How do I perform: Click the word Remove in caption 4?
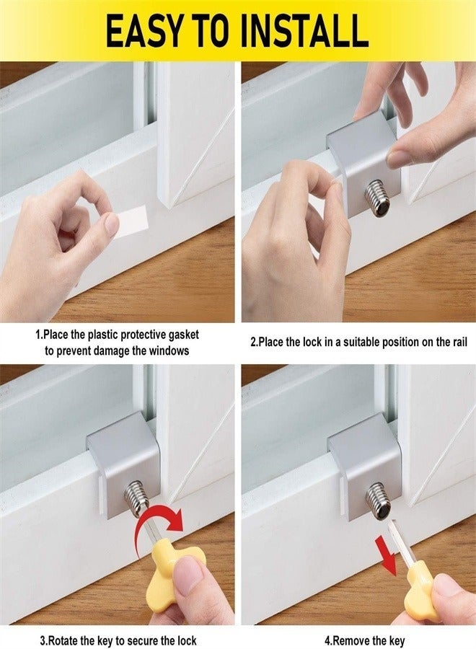tap(354, 640)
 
